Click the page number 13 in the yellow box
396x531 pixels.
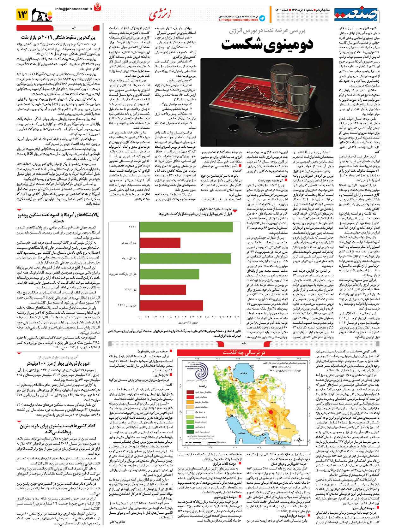[x=23, y=15]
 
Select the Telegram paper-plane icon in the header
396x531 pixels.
[x=262, y=18]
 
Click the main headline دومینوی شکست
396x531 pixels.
[x=267, y=44]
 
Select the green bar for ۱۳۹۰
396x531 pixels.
[x=186, y=227]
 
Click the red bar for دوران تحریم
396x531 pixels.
[x=160, y=243]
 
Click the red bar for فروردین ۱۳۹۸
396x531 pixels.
[x=171, y=305]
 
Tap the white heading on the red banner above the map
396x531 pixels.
[x=244, y=353]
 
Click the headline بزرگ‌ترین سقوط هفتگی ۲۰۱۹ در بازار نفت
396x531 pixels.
[x=60, y=37]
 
